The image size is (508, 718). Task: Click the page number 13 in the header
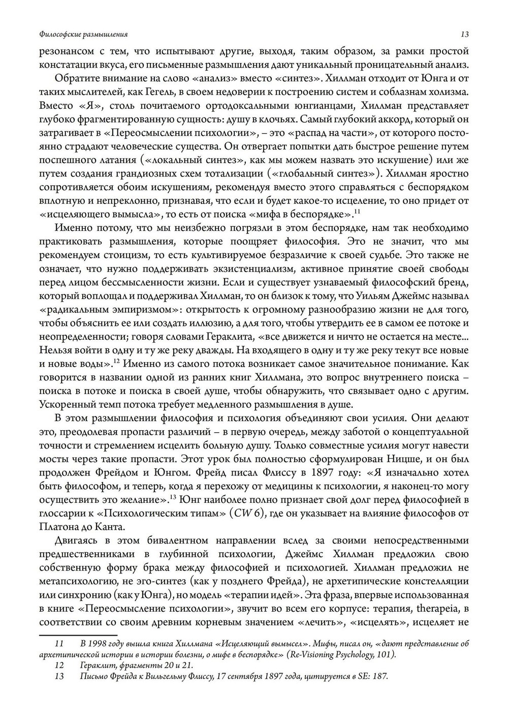point(464,35)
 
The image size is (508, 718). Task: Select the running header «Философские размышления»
point(83,35)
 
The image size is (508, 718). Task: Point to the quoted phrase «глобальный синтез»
point(324,173)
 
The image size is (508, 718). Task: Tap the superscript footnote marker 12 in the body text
point(116,362)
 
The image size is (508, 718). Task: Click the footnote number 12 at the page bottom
point(59,665)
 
